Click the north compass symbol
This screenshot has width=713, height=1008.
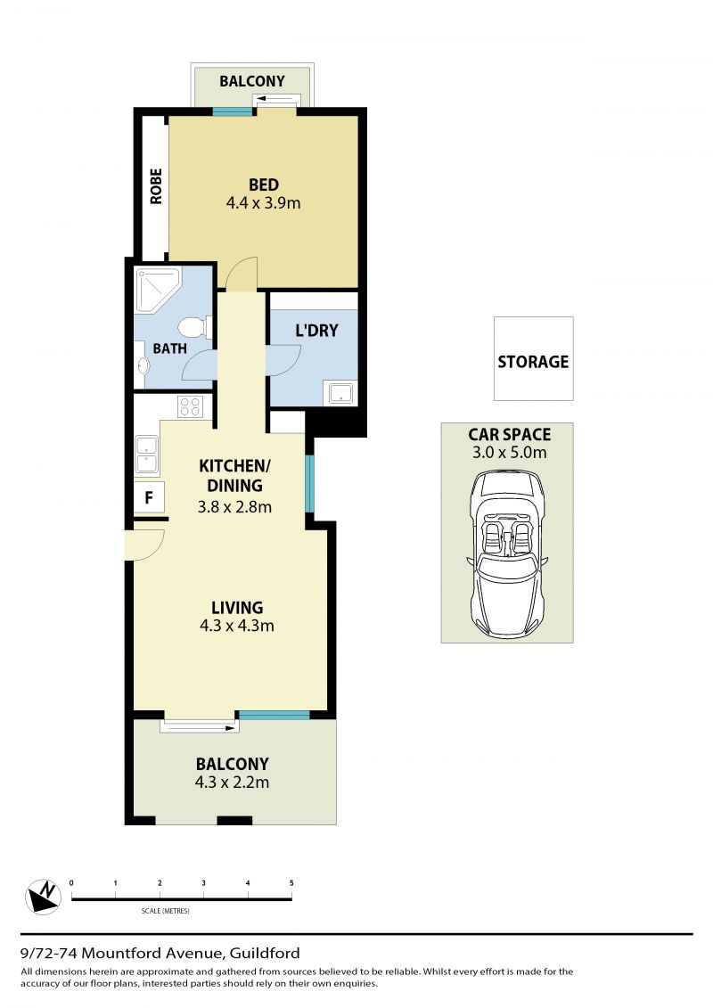pos(43,896)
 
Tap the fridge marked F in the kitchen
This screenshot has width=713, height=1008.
pos(149,497)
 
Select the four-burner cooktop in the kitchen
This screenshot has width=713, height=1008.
pos(191,406)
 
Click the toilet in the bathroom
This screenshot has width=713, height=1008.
pos(194,327)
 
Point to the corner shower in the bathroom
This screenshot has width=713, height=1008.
pos(157,290)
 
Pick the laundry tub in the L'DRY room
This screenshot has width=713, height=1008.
pos(340,393)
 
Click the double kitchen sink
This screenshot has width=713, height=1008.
pos(146,455)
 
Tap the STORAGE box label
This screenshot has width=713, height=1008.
pos(533,361)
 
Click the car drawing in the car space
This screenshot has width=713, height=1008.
pos(507,553)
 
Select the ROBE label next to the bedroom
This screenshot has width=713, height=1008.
pos(156,186)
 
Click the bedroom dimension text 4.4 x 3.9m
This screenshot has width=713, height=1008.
pos(263,203)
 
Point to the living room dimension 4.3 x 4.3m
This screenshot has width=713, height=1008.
pos(236,626)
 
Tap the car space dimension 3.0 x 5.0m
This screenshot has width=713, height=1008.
pos(509,453)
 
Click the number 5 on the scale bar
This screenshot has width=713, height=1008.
pos(291,882)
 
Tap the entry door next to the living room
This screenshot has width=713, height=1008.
pos(145,545)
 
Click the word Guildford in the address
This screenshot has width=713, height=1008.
pos(265,953)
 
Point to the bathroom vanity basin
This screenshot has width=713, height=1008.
pos(142,365)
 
